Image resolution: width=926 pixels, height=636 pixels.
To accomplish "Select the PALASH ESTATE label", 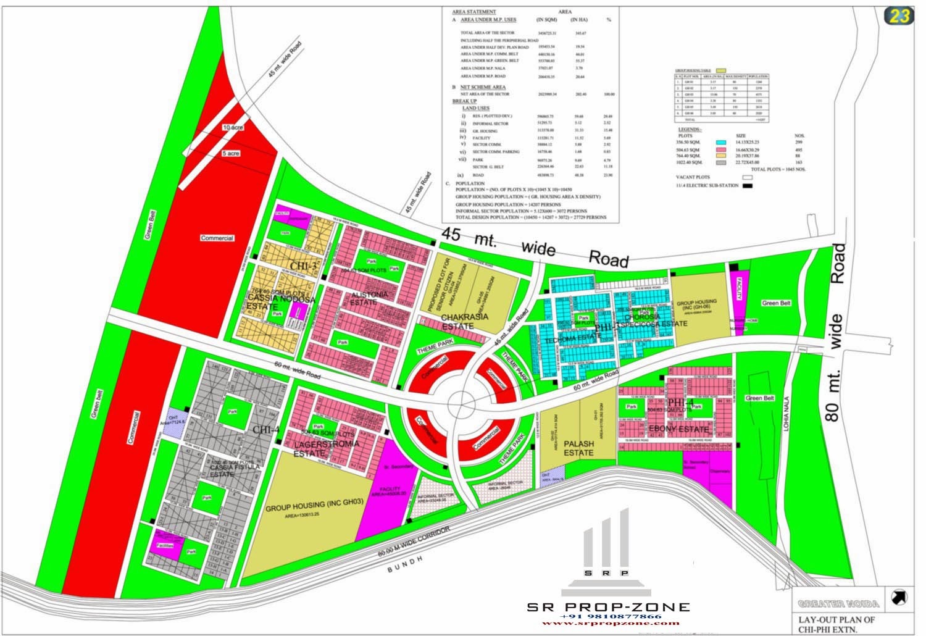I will click(x=578, y=448).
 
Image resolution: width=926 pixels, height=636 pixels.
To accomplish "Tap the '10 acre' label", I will click(x=233, y=127).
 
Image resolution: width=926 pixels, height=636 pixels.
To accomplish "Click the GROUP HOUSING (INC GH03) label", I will click(x=314, y=509).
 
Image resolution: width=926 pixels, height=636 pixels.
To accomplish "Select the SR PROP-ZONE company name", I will click(x=608, y=607).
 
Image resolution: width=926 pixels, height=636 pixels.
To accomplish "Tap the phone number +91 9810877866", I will click(x=610, y=616).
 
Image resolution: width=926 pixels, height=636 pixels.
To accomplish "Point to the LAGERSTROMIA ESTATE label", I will click(x=318, y=448).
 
